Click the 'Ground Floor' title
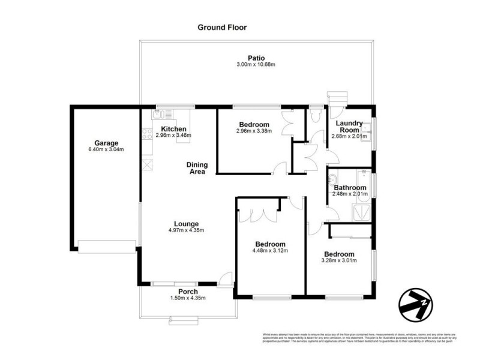[222, 27]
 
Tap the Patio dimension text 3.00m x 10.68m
[256, 64]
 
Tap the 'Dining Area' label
[196, 168]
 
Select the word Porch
[188, 292]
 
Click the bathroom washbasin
[332, 181]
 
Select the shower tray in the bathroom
[361, 211]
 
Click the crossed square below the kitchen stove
[148, 163]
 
